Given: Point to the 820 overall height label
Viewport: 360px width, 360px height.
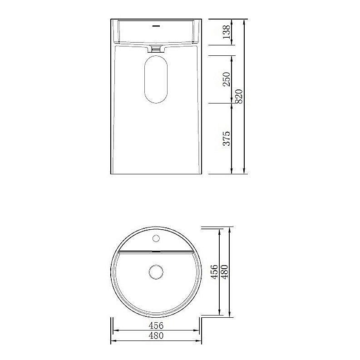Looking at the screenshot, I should click(240, 96).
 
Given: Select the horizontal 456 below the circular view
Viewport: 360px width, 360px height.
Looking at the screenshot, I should click(156, 325).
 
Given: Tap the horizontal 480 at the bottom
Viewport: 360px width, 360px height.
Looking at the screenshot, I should click(156, 336).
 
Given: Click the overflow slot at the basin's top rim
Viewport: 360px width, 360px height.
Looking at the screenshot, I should click(156, 25).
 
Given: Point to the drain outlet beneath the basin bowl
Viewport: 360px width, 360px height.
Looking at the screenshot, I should click(156, 48).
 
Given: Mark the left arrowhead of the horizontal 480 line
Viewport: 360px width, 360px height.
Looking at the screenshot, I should click(113, 341).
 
